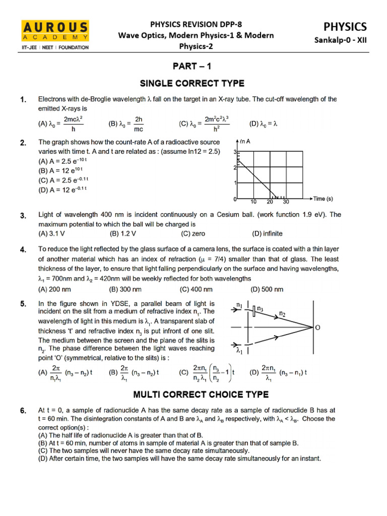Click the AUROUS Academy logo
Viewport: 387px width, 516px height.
(x=55, y=34)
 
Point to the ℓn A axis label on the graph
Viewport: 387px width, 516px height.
(x=245, y=142)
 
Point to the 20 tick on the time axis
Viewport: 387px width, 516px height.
(x=270, y=202)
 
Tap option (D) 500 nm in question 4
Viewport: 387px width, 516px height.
(x=267, y=289)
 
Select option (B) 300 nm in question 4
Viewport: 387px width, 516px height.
(x=125, y=289)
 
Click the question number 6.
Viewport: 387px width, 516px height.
(x=23, y=411)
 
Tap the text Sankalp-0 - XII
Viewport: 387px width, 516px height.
(x=346, y=41)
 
